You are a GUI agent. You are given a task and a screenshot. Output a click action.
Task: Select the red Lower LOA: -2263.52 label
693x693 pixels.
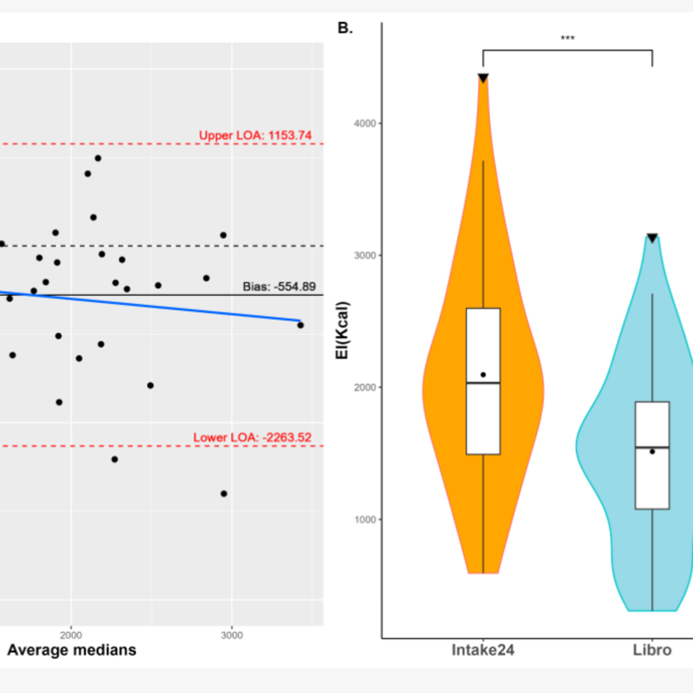(x=252, y=437)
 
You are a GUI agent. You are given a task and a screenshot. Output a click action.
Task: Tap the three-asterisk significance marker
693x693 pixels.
(x=568, y=38)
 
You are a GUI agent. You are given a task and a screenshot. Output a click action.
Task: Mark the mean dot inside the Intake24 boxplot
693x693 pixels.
(x=483, y=374)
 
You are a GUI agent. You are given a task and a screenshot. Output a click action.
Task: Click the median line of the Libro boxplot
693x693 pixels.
(x=652, y=447)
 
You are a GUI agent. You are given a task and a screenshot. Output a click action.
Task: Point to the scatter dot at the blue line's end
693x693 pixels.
(x=301, y=325)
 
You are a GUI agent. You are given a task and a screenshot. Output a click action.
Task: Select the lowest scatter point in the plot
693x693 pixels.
(x=224, y=494)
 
